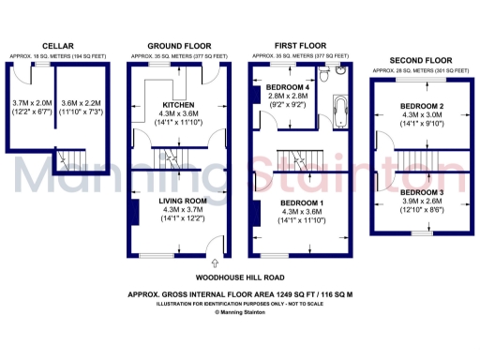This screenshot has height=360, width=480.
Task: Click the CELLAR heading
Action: pyautogui.click(x=57, y=45)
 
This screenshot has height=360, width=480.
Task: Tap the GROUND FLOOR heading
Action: pyautogui.click(x=176, y=45)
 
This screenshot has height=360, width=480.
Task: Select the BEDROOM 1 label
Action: pyautogui.click(x=302, y=202)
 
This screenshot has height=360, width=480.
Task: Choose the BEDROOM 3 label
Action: pyautogui.click(x=421, y=191)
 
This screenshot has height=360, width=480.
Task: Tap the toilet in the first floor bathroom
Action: pyautogui.click(x=343, y=74)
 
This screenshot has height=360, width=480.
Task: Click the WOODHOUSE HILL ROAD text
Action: pyautogui.click(x=239, y=277)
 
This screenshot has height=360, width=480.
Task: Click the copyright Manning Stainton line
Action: pyautogui.click(x=240, y=312)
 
